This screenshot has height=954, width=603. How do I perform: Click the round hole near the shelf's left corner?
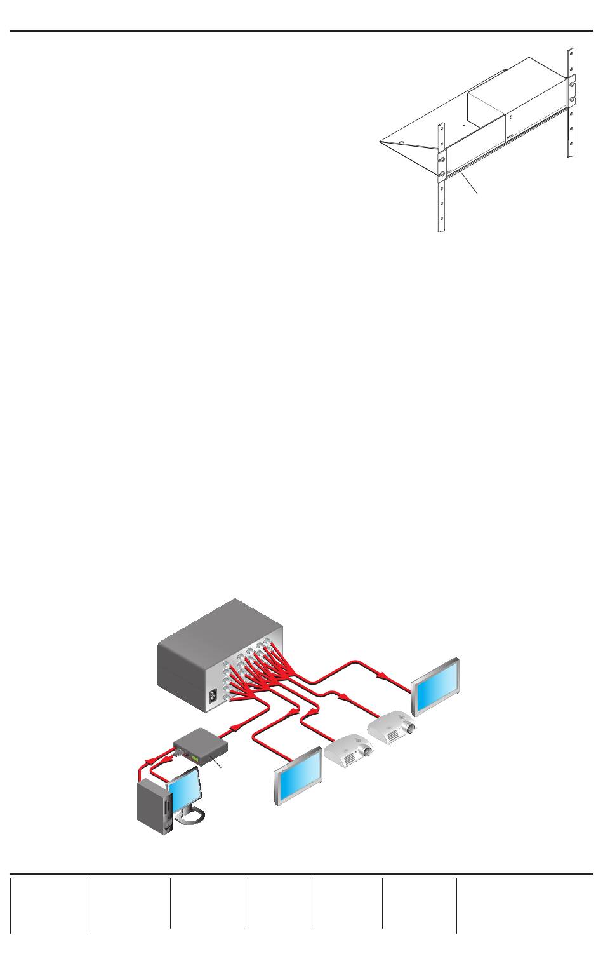point(402,133)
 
